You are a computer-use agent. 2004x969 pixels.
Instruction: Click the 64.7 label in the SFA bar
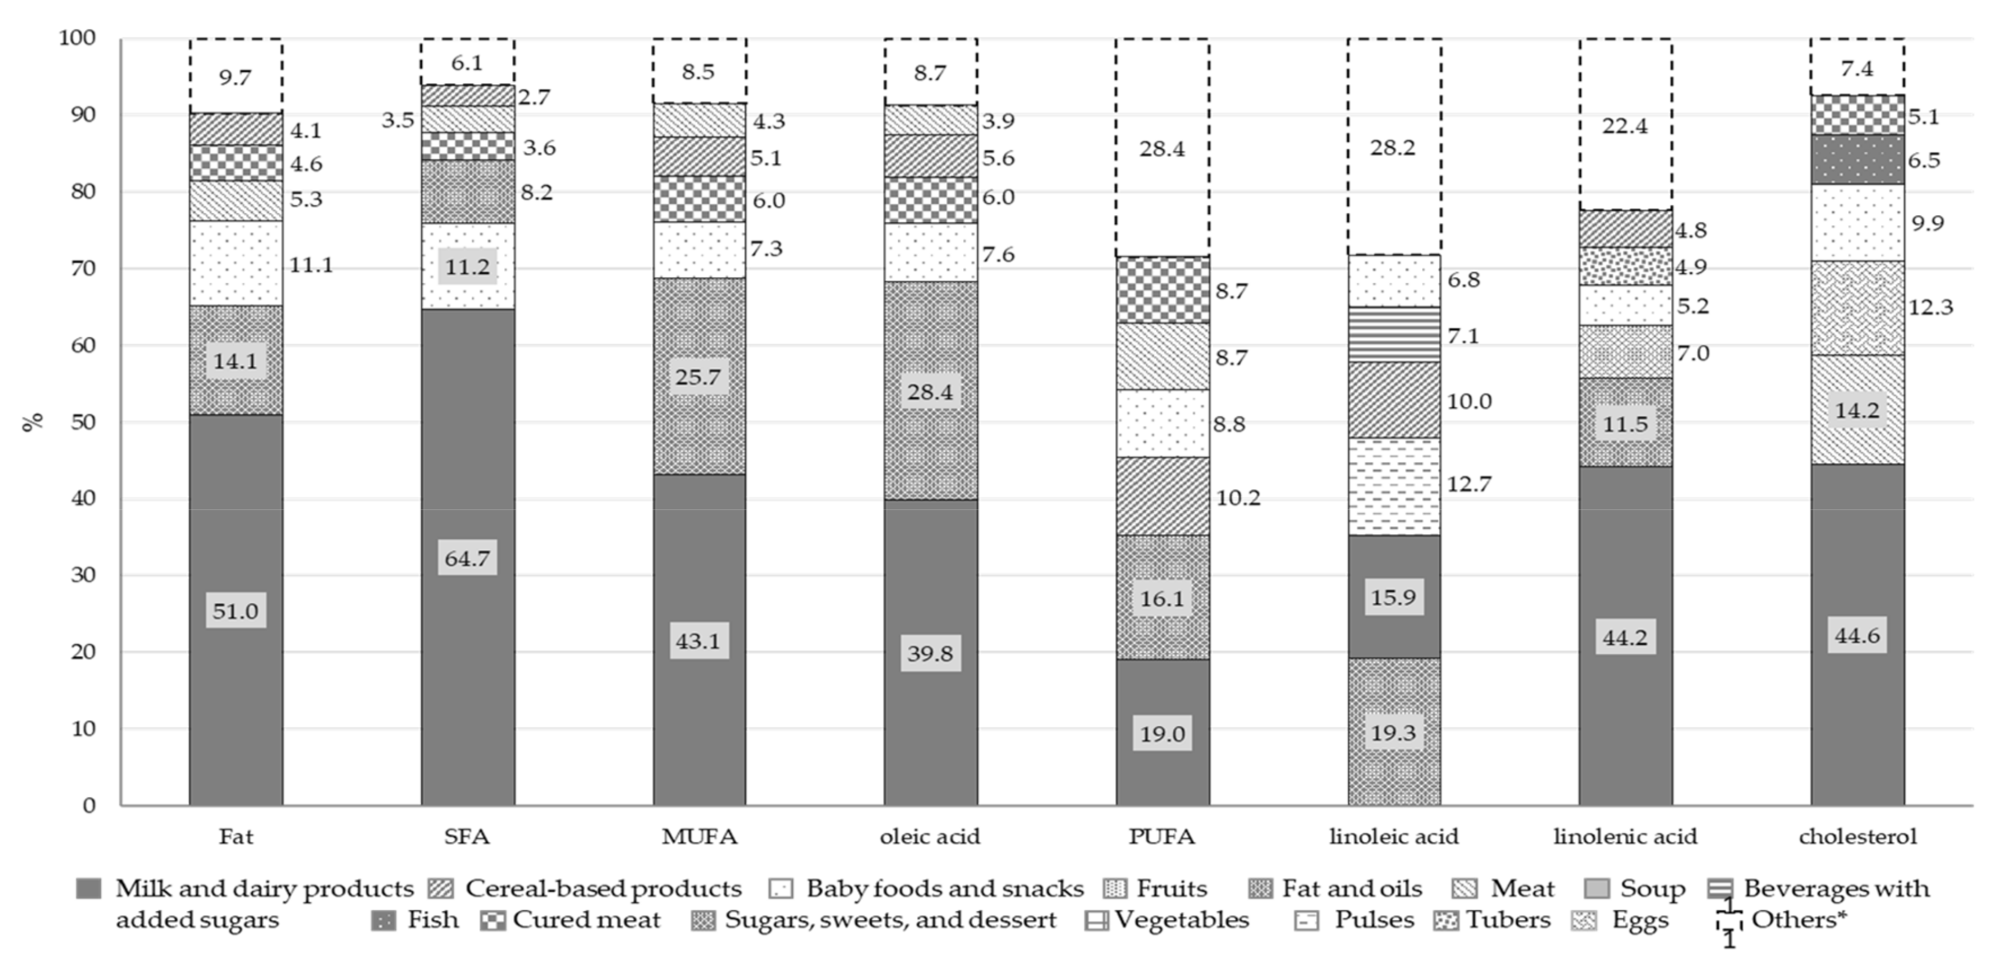pyautogui.click(x=467, y=559)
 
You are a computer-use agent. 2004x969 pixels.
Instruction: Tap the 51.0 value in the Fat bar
pyautogui.click(x=235, y=611)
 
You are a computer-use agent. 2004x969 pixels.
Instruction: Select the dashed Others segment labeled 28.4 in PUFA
pyautogui.click(x=1161, y=148)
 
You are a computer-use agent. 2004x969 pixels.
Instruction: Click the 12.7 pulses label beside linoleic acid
pyautogui.click(x=1469, y=484)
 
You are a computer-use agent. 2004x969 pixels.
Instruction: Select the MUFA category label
pyautogui.click(x=699, y=837)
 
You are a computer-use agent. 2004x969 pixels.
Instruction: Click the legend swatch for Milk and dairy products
pyautogui.click(x=89, y=888)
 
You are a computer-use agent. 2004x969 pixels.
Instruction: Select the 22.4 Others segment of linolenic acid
pyautogui.click(x=1625, y=125)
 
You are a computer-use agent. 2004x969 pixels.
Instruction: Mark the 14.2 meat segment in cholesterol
pyautogui.click(x=1857, y=410)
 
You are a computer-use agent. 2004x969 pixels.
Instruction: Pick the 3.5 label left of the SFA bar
pyautogui.click(x=397, y=120)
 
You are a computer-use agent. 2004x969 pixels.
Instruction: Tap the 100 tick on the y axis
pyautogui.click(x=77, y=38)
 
